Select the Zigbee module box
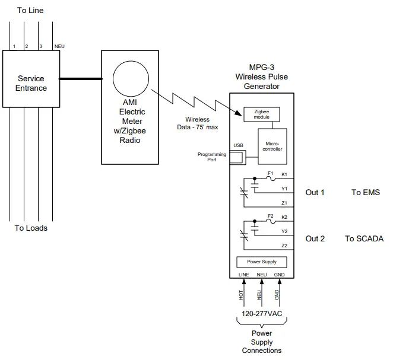(262, 114)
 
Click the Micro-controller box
(272, 145)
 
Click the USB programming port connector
(237, 158)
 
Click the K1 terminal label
(284, 174)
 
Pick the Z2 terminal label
(284, 245)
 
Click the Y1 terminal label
(284, 189)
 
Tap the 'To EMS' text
(365, 192)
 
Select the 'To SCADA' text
(364, 238)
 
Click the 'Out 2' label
(315, 238)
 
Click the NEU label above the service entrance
(59, 46)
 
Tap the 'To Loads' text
(31, 228)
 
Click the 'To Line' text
(30, 10)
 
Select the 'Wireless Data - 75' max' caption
(197, 123)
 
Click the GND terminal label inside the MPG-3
(279, 275)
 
